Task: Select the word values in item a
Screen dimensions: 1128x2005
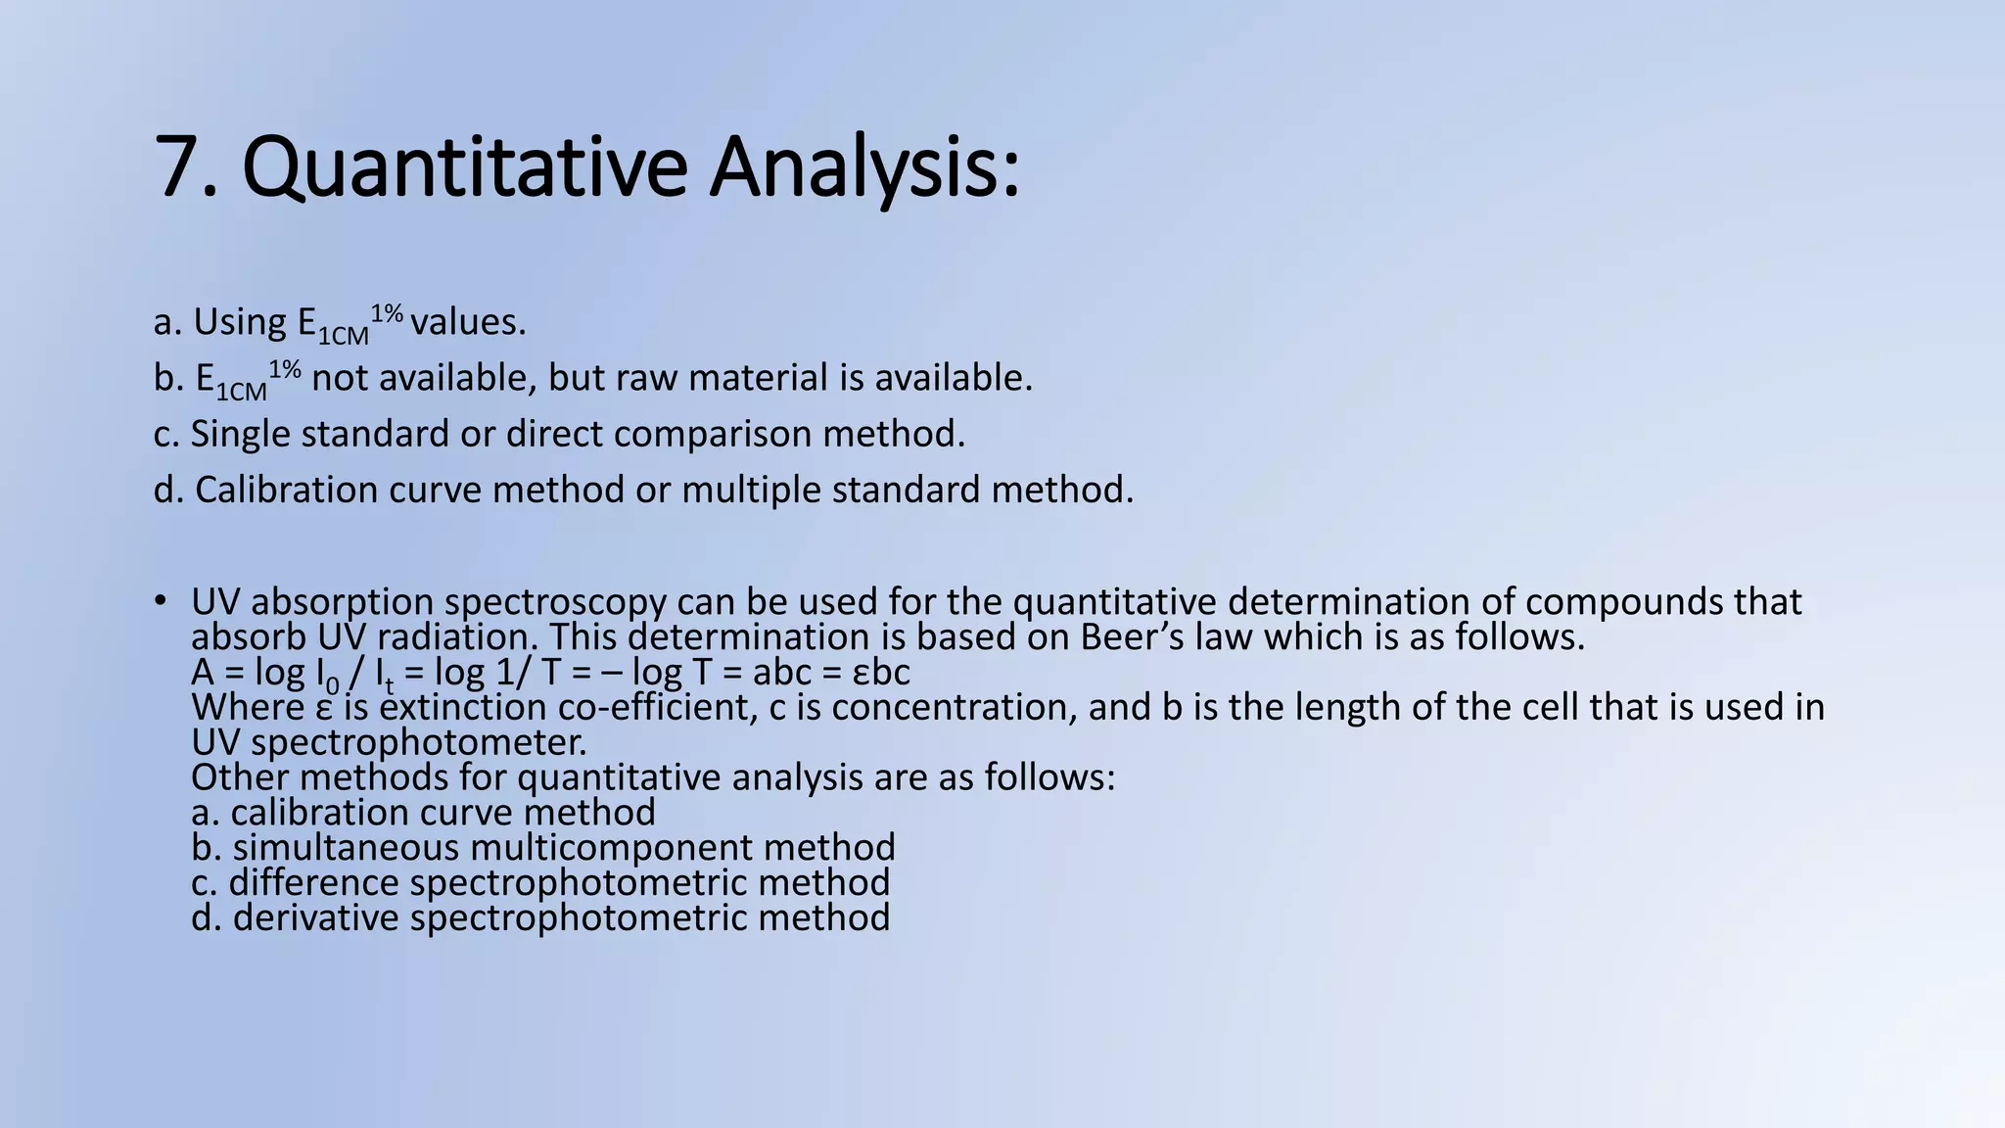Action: pos(467,322)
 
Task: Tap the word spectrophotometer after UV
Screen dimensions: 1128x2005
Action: pos(419,743)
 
